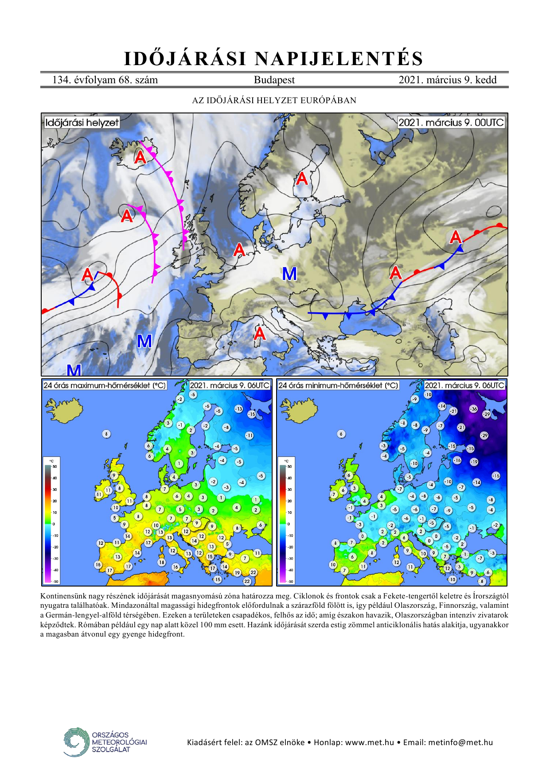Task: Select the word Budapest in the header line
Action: (x=274, y=80)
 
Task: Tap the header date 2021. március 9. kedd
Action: (x=447, y=80)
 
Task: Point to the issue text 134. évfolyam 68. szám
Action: (x=105, y=80)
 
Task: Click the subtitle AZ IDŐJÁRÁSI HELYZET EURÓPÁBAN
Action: (x=274, y=100)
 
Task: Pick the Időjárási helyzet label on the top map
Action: (x=82, y=122)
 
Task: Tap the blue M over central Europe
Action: (x=289, y=274)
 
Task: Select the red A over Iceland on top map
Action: (x=140, y=157)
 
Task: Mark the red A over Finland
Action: (x=302, y=179)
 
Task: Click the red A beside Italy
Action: (x=260, y=333)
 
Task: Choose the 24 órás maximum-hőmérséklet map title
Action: (x=105, y=385)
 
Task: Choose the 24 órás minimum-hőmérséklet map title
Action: (x=338, y=385)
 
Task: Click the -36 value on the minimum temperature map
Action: (x=474, y=409)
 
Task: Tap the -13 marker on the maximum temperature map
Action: (x=239, y=409)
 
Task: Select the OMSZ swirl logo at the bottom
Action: (x=76, y=742)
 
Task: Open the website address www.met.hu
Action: (x=370, y=742)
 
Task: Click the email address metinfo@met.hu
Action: (x=460, y=742)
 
